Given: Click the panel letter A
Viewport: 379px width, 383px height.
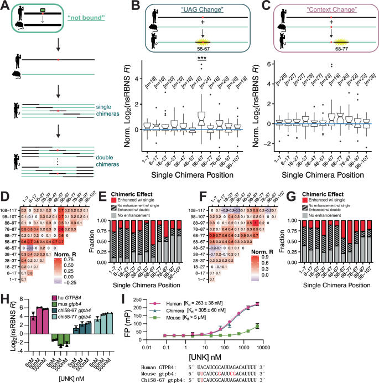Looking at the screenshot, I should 6,5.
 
